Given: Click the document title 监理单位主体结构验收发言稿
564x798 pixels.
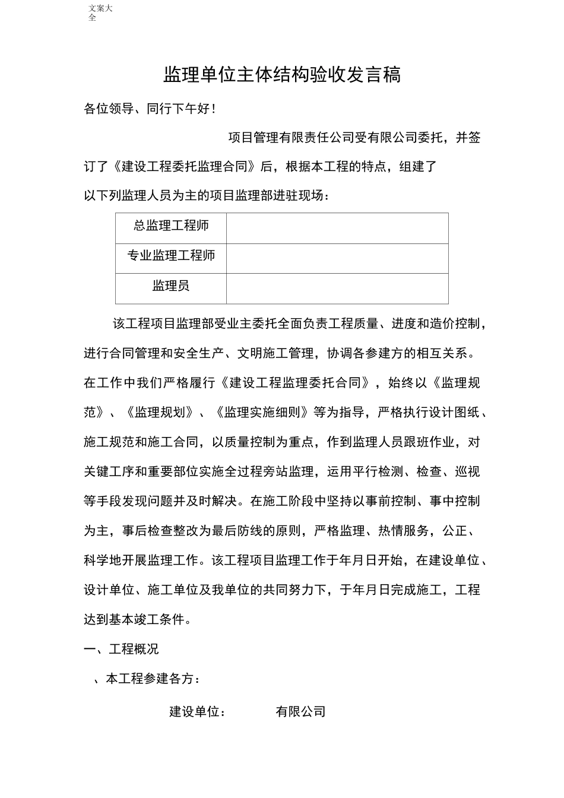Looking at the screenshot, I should point(282,75).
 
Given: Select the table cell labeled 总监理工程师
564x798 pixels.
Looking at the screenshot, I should point(171,226).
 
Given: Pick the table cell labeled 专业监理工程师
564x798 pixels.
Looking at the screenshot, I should point(171,256).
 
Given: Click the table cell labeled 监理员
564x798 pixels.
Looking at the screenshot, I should point(171,286).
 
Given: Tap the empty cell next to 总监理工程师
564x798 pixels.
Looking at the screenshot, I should point(337,228).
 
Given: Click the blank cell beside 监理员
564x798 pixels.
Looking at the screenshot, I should point(337,289).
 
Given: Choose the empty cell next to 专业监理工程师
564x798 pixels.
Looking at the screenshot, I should point(337,258).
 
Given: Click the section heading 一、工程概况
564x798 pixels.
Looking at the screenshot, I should point(121,649).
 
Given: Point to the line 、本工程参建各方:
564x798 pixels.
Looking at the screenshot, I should point(147,679).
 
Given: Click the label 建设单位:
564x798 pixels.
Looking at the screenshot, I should point(198,711).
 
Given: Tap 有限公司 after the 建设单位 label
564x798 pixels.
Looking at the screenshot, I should point(301,711).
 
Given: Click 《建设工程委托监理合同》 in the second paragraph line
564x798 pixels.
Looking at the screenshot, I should point(185,167).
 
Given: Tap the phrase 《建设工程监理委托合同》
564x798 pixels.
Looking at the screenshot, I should point(295,383).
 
